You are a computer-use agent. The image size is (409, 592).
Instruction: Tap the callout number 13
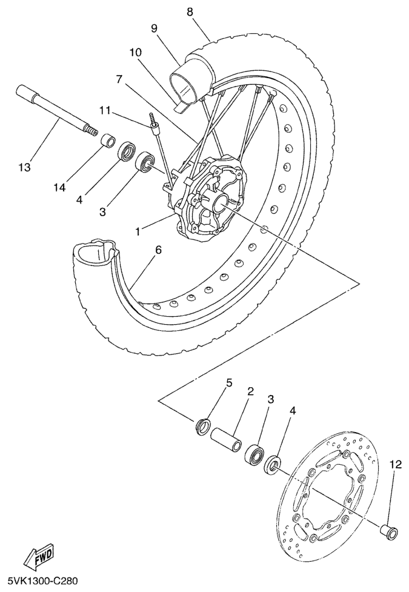[x=25, y=167]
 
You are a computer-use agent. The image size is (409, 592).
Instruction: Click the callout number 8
[x=190, y=12]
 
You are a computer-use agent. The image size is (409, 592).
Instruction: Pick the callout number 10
[x=135, y=52]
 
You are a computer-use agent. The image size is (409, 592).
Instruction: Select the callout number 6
[x=158, y=250]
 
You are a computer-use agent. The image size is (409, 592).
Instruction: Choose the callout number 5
[x=228, y=382]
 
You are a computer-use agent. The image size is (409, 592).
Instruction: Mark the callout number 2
[x=250, y=391]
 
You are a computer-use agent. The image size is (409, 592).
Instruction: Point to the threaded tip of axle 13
[x=91, y=130]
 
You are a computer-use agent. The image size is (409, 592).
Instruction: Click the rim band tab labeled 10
[x=181, y=107]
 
